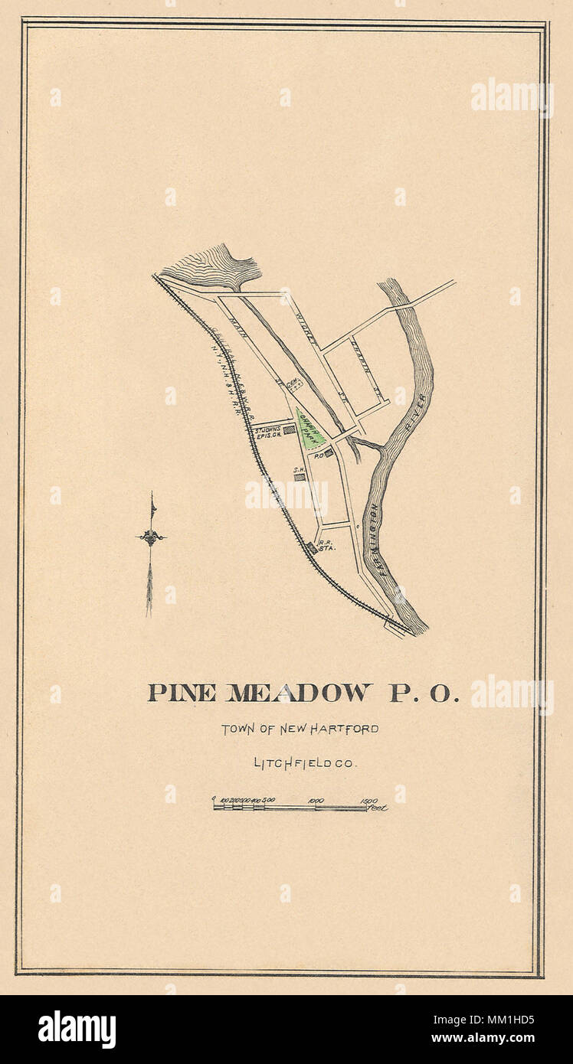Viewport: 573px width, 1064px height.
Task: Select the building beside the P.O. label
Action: (329, 453)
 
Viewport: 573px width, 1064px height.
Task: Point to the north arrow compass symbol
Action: (151, 537)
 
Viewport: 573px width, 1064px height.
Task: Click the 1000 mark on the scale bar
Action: (315, 801)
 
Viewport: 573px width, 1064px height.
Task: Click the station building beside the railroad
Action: (312, 548)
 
